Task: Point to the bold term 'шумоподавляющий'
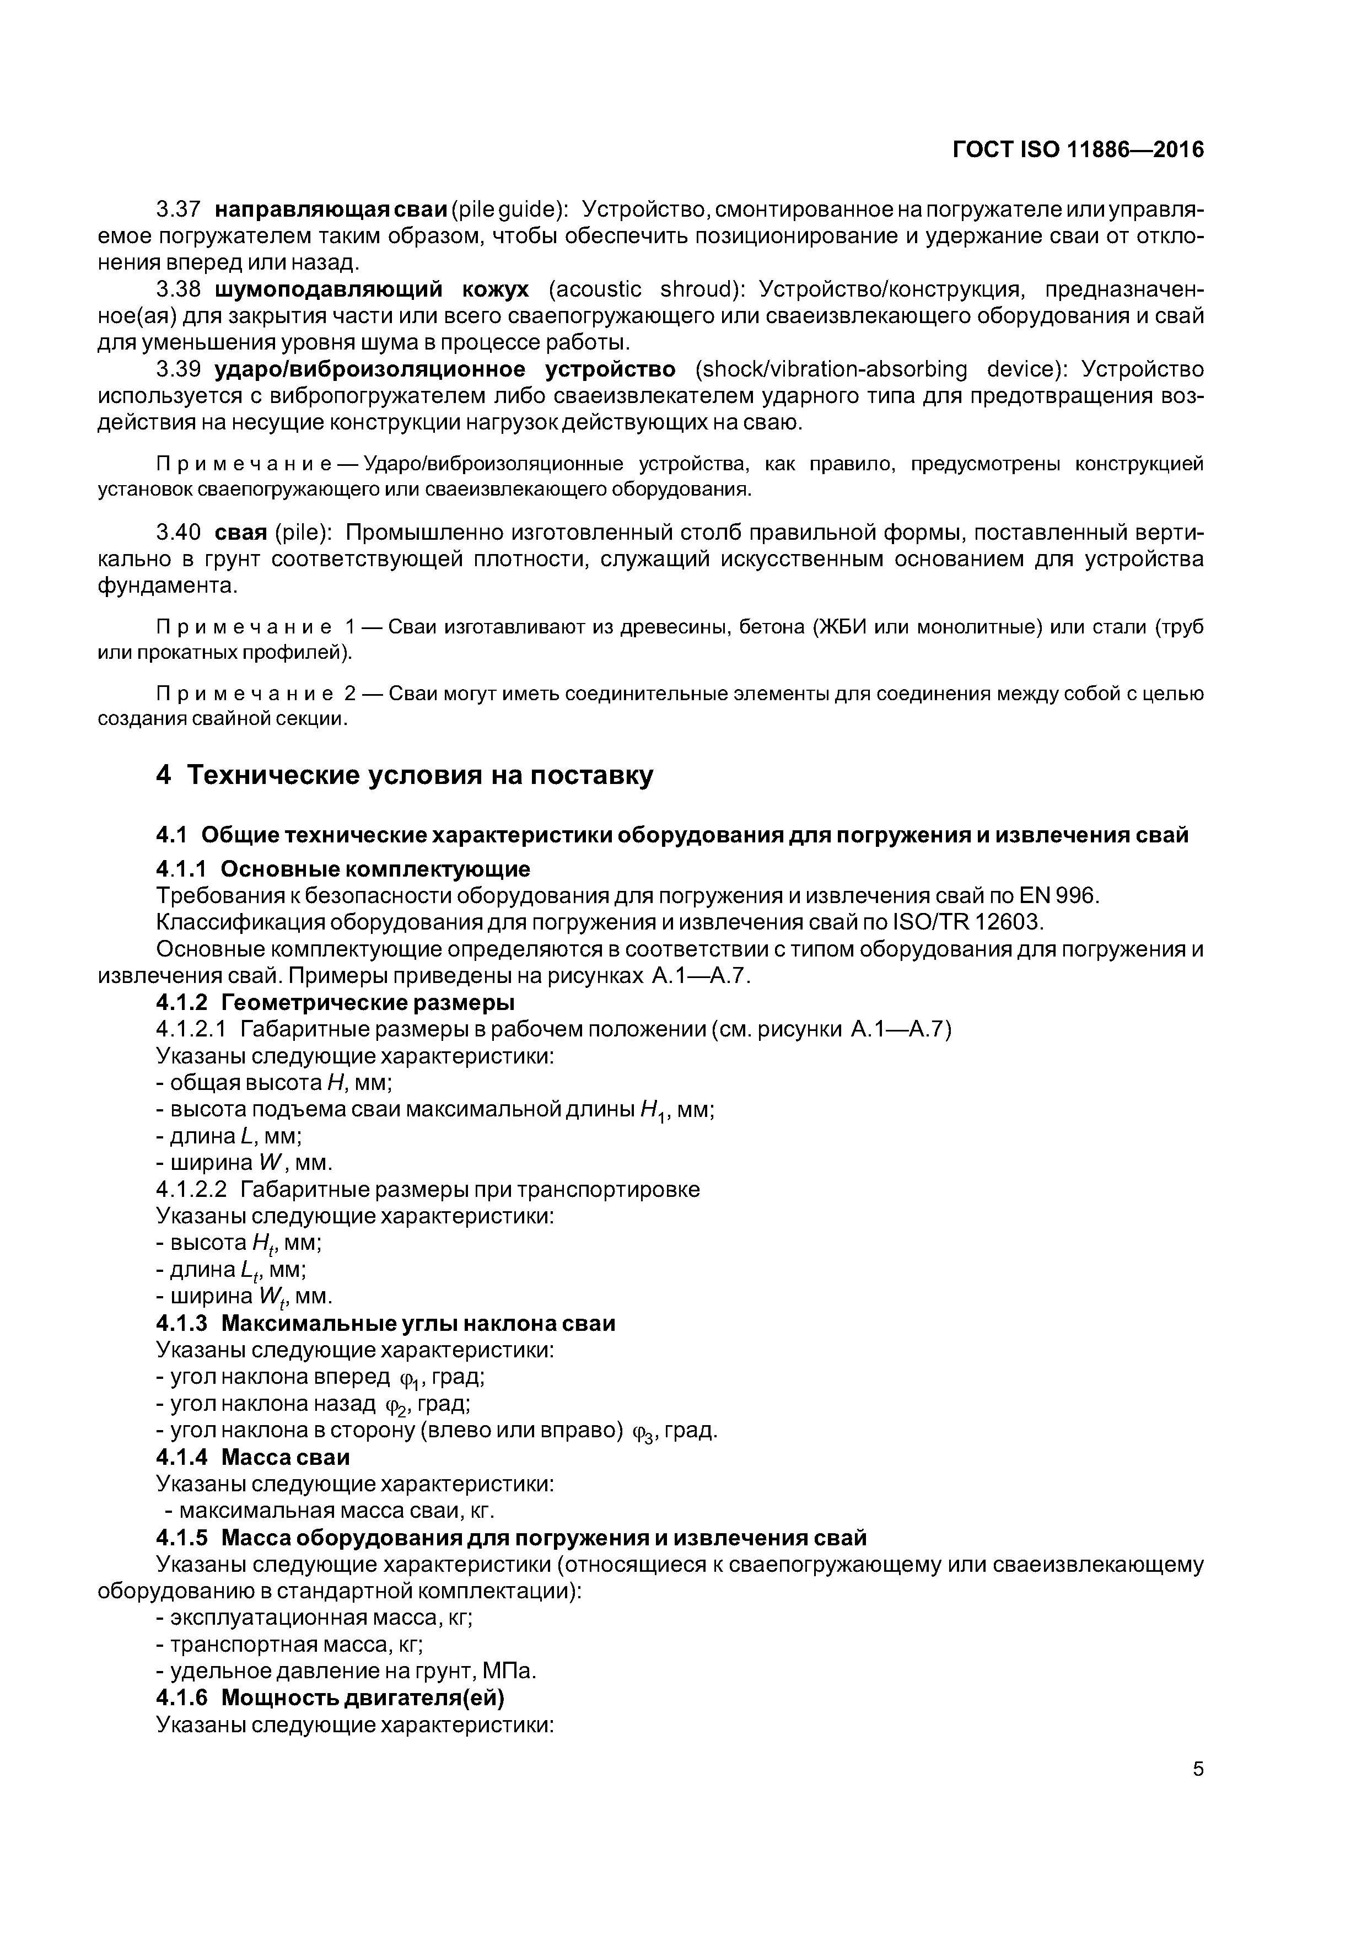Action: click(x=329, y=290)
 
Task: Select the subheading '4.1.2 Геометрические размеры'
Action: click(x=335, y=1002)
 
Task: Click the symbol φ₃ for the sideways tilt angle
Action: click(x=644, y=1431)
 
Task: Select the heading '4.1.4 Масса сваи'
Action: click(x=252, y=1457)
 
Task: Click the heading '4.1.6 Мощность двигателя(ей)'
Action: click(x=330, y=1698)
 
